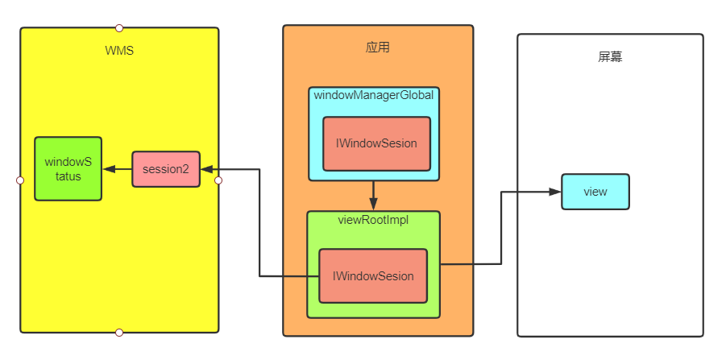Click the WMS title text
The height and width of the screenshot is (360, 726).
(119, 51)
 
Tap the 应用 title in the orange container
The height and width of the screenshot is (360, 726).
(378, 48)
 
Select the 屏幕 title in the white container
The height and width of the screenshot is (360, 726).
(610, 57)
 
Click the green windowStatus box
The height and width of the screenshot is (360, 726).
(68, 169)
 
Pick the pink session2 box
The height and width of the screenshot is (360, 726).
(165, 169)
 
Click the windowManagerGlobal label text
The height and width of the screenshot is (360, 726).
(374, 95)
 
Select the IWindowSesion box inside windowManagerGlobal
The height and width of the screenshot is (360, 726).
(376, 144)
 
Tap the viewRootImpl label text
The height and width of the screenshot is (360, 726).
(373, 220)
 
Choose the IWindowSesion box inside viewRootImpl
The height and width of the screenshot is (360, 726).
(373, 276)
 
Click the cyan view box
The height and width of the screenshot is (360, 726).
(595, 192)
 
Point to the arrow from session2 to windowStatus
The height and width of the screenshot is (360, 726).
(118, 169)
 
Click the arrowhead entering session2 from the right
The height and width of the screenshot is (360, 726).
(206, 169)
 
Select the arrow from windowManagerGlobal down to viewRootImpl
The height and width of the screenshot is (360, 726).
(374, 195)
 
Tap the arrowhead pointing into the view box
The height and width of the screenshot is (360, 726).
(554, 192)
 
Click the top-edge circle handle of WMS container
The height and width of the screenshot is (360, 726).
(119, 28)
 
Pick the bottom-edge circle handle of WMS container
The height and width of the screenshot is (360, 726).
(119, 333)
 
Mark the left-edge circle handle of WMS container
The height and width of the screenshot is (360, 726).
(21, 180)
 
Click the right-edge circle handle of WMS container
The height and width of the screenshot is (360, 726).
(218, 180)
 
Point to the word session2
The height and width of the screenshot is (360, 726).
(165, 169)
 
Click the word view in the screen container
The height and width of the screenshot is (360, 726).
(595, 192)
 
